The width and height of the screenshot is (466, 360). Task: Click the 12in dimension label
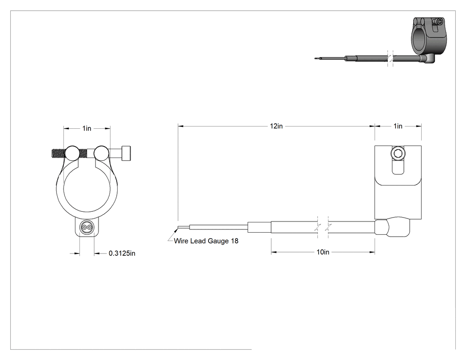(x=276, y=126)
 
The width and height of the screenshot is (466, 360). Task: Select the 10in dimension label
(x=323, y=252)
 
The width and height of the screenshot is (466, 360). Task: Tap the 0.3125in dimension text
(x=122, y=253)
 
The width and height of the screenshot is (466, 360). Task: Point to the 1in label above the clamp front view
(x=87, y=128)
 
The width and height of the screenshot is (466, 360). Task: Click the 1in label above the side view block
(x=398, y=126)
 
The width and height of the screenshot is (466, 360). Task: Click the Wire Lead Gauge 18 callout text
(x=206, y=241)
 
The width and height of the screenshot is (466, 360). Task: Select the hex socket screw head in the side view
(x=398, y=154)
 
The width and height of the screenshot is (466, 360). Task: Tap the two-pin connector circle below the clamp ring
(x=87, y=228)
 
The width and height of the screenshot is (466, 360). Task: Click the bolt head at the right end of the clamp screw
(x=126, y=153)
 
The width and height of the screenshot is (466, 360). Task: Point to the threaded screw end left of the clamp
(x=58, y=154)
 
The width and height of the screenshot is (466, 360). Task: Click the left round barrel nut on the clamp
(x=72, y=153)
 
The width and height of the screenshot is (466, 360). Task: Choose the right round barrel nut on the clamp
(x=101, y=153)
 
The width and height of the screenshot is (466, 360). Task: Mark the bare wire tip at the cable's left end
(x=178, y=228)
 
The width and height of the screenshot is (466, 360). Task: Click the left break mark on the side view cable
(x=318, y=227)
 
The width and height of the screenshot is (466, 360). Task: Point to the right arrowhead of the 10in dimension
(x=372, y=252)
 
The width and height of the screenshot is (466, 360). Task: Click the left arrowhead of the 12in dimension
(x=181, y=126)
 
